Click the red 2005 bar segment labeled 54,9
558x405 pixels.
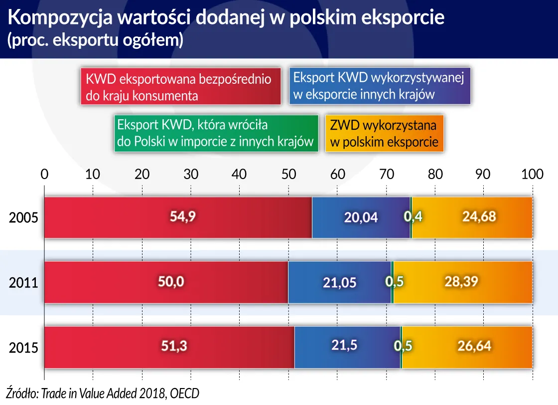point(178,217)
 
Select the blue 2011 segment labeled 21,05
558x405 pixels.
point(339,282)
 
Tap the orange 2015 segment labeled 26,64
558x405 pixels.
point(467,347)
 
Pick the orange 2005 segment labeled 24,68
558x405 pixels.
point(472,217)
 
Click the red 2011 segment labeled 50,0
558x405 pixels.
point(166,282)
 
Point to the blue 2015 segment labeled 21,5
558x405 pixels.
point(347,346)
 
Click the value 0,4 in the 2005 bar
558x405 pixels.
point(413,217)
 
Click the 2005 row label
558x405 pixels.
point(23,218)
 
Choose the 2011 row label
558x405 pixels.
point(23,283)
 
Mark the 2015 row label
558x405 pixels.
point(23,348)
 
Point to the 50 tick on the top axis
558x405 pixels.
point(288,174)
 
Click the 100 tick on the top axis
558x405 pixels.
point(532,174)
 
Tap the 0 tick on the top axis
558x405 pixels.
point(45,174)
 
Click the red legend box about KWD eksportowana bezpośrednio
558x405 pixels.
point(181,87)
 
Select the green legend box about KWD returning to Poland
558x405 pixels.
point(215,133)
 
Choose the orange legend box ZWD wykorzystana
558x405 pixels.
point(384,133)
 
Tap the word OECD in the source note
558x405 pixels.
point(184,393)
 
